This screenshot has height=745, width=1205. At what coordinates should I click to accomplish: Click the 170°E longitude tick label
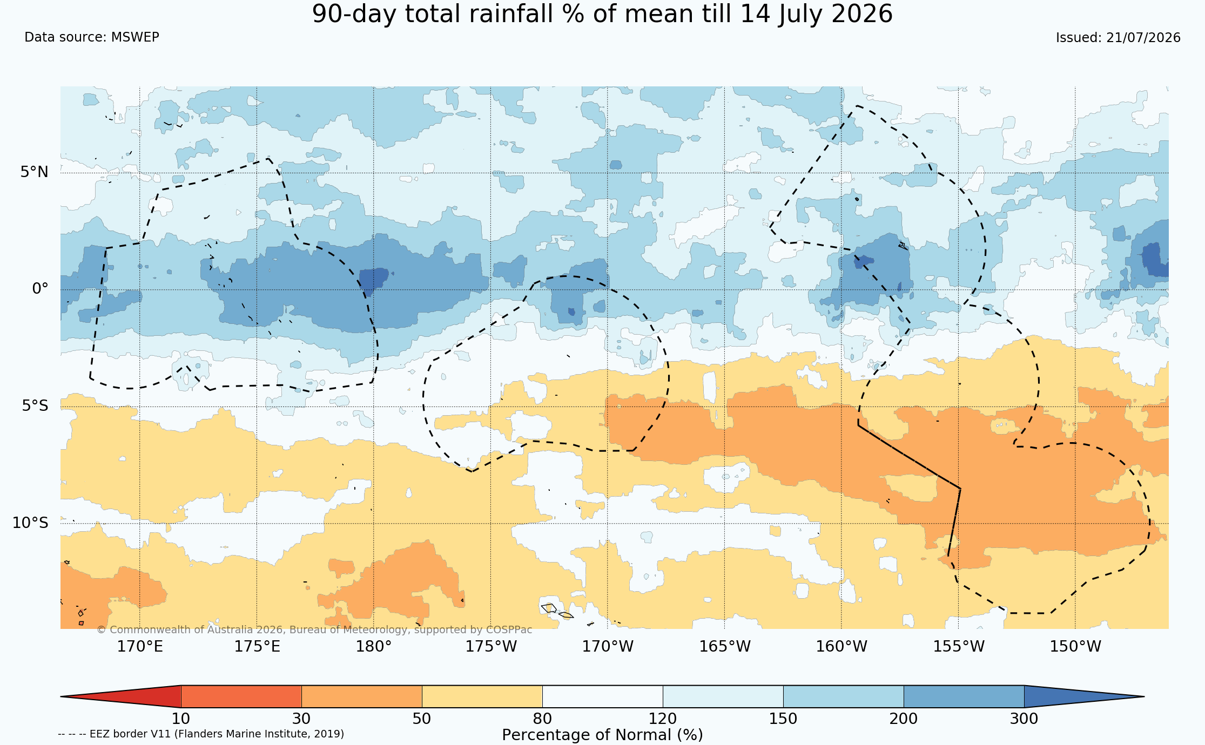pyautogui.click(x=140, y=646)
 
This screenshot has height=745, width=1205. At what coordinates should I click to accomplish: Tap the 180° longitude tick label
pyautogui.click(x=373, y=646)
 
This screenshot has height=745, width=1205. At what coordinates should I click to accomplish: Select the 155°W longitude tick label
pyautogui.click(x=959, y=646)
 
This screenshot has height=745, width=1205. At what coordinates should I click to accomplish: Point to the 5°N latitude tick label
pyautogui.click(x=35, y=172)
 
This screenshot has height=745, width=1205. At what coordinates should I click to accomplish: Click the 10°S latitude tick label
pyautogui.click(x=30, y=523)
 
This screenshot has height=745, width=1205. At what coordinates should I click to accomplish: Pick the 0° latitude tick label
pyautogui.click(x=40, y=289)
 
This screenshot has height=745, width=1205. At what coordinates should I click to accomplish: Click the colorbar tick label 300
pyautogui.click(x=1024, y=719)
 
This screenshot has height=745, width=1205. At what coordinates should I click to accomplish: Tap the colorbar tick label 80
pyautogui.click(x=542, y=719)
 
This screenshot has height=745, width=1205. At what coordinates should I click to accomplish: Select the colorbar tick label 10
pyautogui.click(x=181, y=719)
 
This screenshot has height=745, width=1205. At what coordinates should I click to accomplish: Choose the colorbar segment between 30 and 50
pyautogui.click(x=361, y=696)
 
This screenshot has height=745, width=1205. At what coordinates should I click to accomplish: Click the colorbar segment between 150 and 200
pyautogui.click(x=843, y=696)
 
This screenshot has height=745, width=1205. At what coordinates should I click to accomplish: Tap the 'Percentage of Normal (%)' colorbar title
pyautogui.click(x=602, y=735)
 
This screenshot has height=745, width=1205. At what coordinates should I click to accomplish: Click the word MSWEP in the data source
pyautogui.click(x=135, y=37)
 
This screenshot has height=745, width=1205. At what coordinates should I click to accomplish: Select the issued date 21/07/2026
pyautogui.click(x=1143, y=38)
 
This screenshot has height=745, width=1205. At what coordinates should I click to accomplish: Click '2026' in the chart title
pyautogui.click(x=862, y=13)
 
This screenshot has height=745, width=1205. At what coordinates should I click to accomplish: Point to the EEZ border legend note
pyautogui.click(x=201, y=734)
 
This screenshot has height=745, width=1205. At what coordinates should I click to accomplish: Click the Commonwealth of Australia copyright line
pyautogui.click(x=314, y=630)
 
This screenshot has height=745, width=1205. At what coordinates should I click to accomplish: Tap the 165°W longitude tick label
pyautogui.click(x=725, y=646)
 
